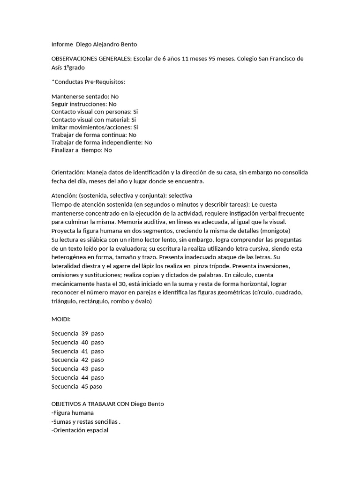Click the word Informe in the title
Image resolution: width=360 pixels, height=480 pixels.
click(62, 45)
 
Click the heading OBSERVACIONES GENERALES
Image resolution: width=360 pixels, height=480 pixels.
click(91, 59)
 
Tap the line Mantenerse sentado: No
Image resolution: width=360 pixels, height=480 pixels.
click(85, 96)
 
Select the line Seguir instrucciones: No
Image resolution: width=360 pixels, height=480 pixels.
click(84, 104)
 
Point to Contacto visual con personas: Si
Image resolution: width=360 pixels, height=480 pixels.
click(95, 112)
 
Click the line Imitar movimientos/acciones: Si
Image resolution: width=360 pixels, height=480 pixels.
click(95, 127)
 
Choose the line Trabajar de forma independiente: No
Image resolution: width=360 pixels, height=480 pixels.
click(101, 142)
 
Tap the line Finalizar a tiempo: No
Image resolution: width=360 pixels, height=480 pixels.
click(82, 150)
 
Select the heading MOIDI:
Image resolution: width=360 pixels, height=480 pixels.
click(61, 319)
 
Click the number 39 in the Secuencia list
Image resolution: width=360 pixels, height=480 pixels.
click(85, 333)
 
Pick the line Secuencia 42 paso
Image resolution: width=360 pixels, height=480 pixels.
click(77, 360)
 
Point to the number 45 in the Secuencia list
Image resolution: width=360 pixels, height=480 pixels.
click(85, 387)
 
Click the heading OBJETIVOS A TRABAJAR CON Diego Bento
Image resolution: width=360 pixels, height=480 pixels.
click(107, 404)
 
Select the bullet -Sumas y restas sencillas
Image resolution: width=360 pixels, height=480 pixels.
click(86, 421)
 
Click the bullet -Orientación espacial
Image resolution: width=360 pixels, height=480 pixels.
click(79, 430)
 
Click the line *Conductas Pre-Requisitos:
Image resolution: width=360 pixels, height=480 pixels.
click(88, 82)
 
